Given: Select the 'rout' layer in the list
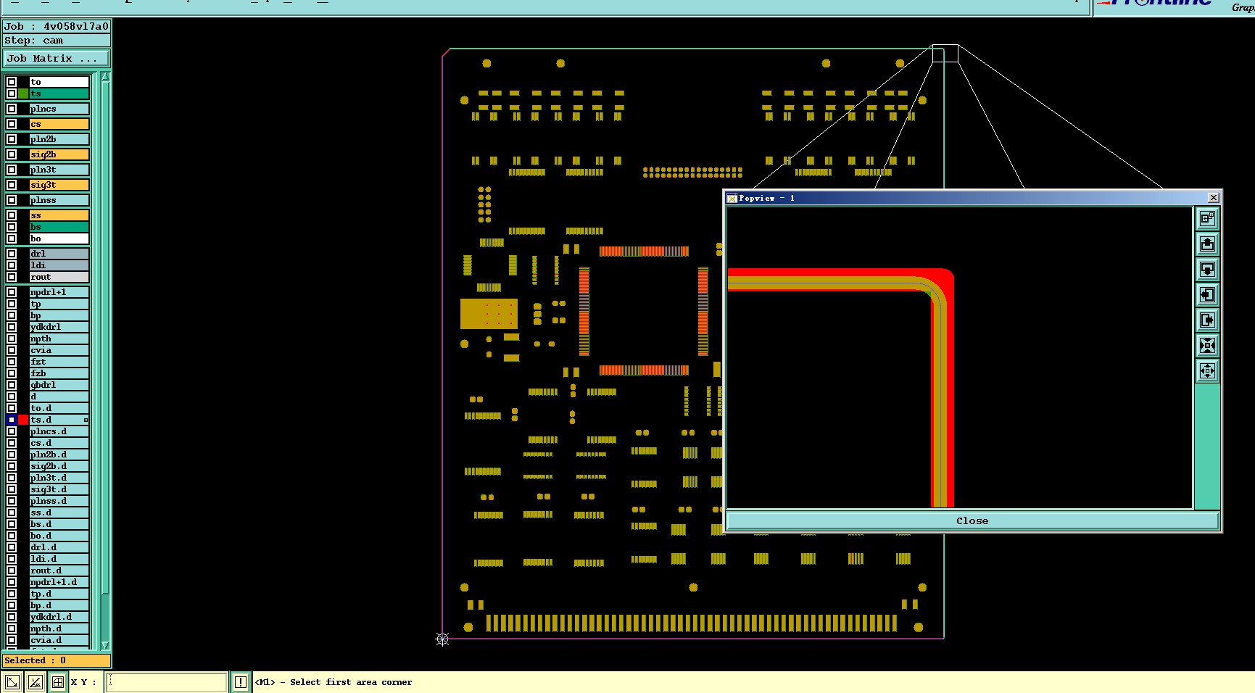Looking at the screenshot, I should [x=59, y=277].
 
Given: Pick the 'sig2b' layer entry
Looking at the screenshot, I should [x=59, y=154].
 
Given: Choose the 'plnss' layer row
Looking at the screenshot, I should [x=59, y=200].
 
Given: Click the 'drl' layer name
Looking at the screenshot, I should [x=59, y=254].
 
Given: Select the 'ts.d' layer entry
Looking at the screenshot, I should [x=59, y=420].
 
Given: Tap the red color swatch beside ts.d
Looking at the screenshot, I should [x=23, y=420].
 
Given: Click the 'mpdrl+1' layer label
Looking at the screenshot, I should [x=59, y=292].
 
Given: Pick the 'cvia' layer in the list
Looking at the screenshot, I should [x=59, y=350].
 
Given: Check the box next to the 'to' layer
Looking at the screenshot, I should [x=12, y=82].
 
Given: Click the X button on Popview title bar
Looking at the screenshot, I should [x=1213, y=198].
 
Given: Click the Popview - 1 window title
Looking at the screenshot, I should [x=766, y=198].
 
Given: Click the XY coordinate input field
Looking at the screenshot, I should [x=167, y=682].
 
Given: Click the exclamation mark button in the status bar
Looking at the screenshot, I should [x=240, y=682].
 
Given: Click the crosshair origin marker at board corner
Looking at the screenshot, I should [x=442, y=639].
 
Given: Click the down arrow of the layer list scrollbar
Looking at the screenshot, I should [x=105, y=645].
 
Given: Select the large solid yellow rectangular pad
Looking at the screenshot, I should [x=489, y=313].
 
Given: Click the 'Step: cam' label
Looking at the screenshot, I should [x=34, y=41].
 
